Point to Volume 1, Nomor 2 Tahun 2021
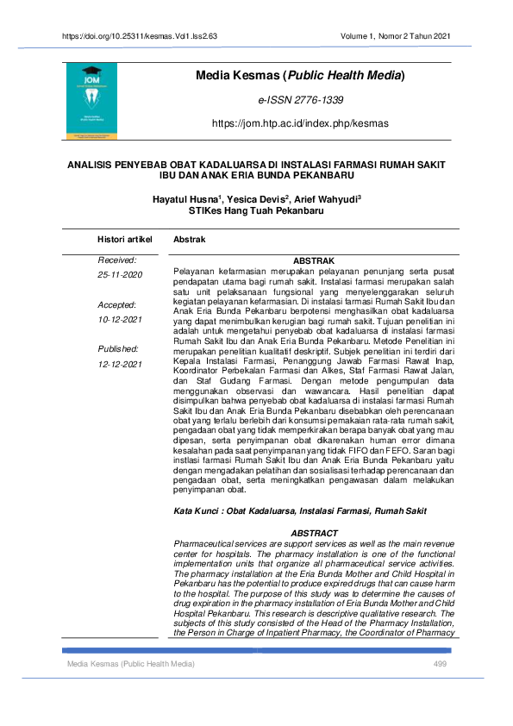pyautogui.click(x=396, y=36)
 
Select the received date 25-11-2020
pyautogui.click(x=121, y=275)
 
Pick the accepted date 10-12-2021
pyautogui.click(x=121, y=320)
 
